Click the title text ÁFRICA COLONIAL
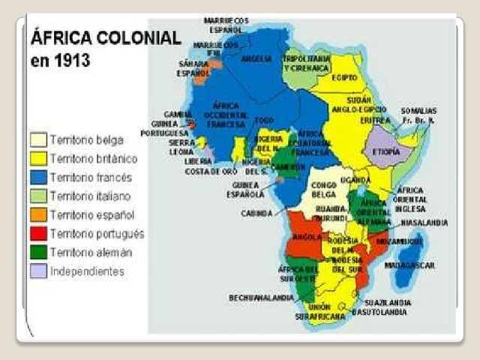(105, 37)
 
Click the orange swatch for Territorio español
(38, 214)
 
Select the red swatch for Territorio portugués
(38, 233)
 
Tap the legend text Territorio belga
(87, 139)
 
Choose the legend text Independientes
(87, 271)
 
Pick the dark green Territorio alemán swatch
(38, 252)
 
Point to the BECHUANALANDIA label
(260, 298)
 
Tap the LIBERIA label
(199, 160)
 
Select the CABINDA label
(256, 213)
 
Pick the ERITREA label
(375, 120)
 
